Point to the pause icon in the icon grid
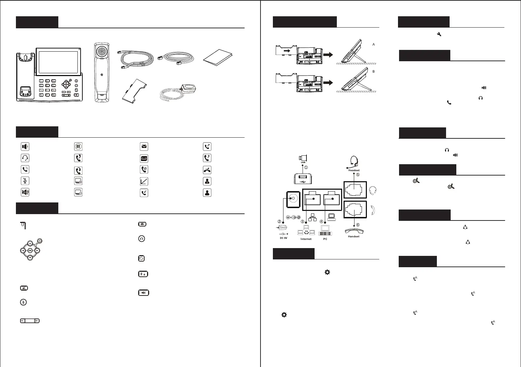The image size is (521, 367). [x=78, y=147]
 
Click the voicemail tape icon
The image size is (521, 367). [x=144, y=158]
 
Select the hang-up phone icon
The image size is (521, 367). [x=207, y=170]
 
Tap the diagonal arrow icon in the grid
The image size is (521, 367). [x=144, y=182]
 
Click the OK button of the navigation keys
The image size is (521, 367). [x=30, y=251]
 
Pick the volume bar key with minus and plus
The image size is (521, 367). [x=30, y=321]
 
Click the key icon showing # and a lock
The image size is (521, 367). [x=143, y=274]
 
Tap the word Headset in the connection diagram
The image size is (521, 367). [x=354, y=170]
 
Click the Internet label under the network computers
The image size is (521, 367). [x=306, y=239]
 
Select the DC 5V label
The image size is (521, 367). [x=283, y=238]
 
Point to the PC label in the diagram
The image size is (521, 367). [x=325, y=239]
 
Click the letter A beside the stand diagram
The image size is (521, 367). [x=374, y=45]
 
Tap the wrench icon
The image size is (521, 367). [x=439, y=34]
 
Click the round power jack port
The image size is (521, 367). [x=292, y=199]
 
